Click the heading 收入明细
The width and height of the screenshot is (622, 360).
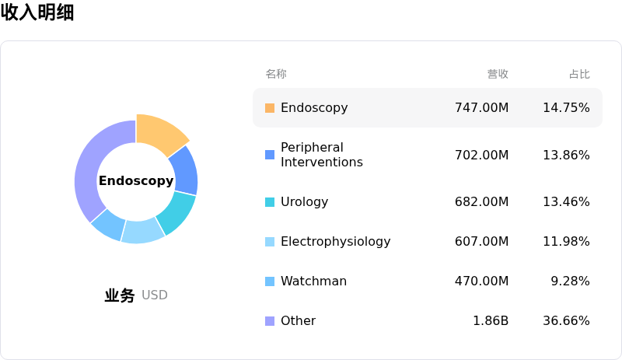(x=37, y=12)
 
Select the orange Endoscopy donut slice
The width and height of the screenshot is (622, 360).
(x=159, y=132)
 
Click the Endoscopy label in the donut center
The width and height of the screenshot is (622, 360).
(x=136, y=181)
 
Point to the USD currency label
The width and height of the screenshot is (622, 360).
(x=155, y=295)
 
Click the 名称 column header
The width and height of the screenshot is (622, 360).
(x=276, y=75)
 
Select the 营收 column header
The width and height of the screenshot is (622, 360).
(x=498, y=75)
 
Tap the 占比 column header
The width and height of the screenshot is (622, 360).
(x=579, y=75)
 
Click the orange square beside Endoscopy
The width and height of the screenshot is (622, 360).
(x=270, y=108)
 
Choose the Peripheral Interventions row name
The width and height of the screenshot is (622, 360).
(x=321, y=155)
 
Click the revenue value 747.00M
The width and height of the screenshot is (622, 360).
(x=481, y=108)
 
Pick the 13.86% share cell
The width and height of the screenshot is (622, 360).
(x=566, y=156)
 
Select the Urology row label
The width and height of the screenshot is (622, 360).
(x=304, y=202)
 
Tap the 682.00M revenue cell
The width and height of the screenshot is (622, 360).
(x=481, y=202)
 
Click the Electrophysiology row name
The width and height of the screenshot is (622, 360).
(x=335, y=242)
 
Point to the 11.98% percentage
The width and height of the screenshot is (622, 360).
(x=566, y=242)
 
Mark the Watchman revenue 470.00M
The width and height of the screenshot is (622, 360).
(x=481, y=281)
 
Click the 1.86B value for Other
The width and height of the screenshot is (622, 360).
(x=491, y=321)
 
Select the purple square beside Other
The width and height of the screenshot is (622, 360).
(x=270, y=321)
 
